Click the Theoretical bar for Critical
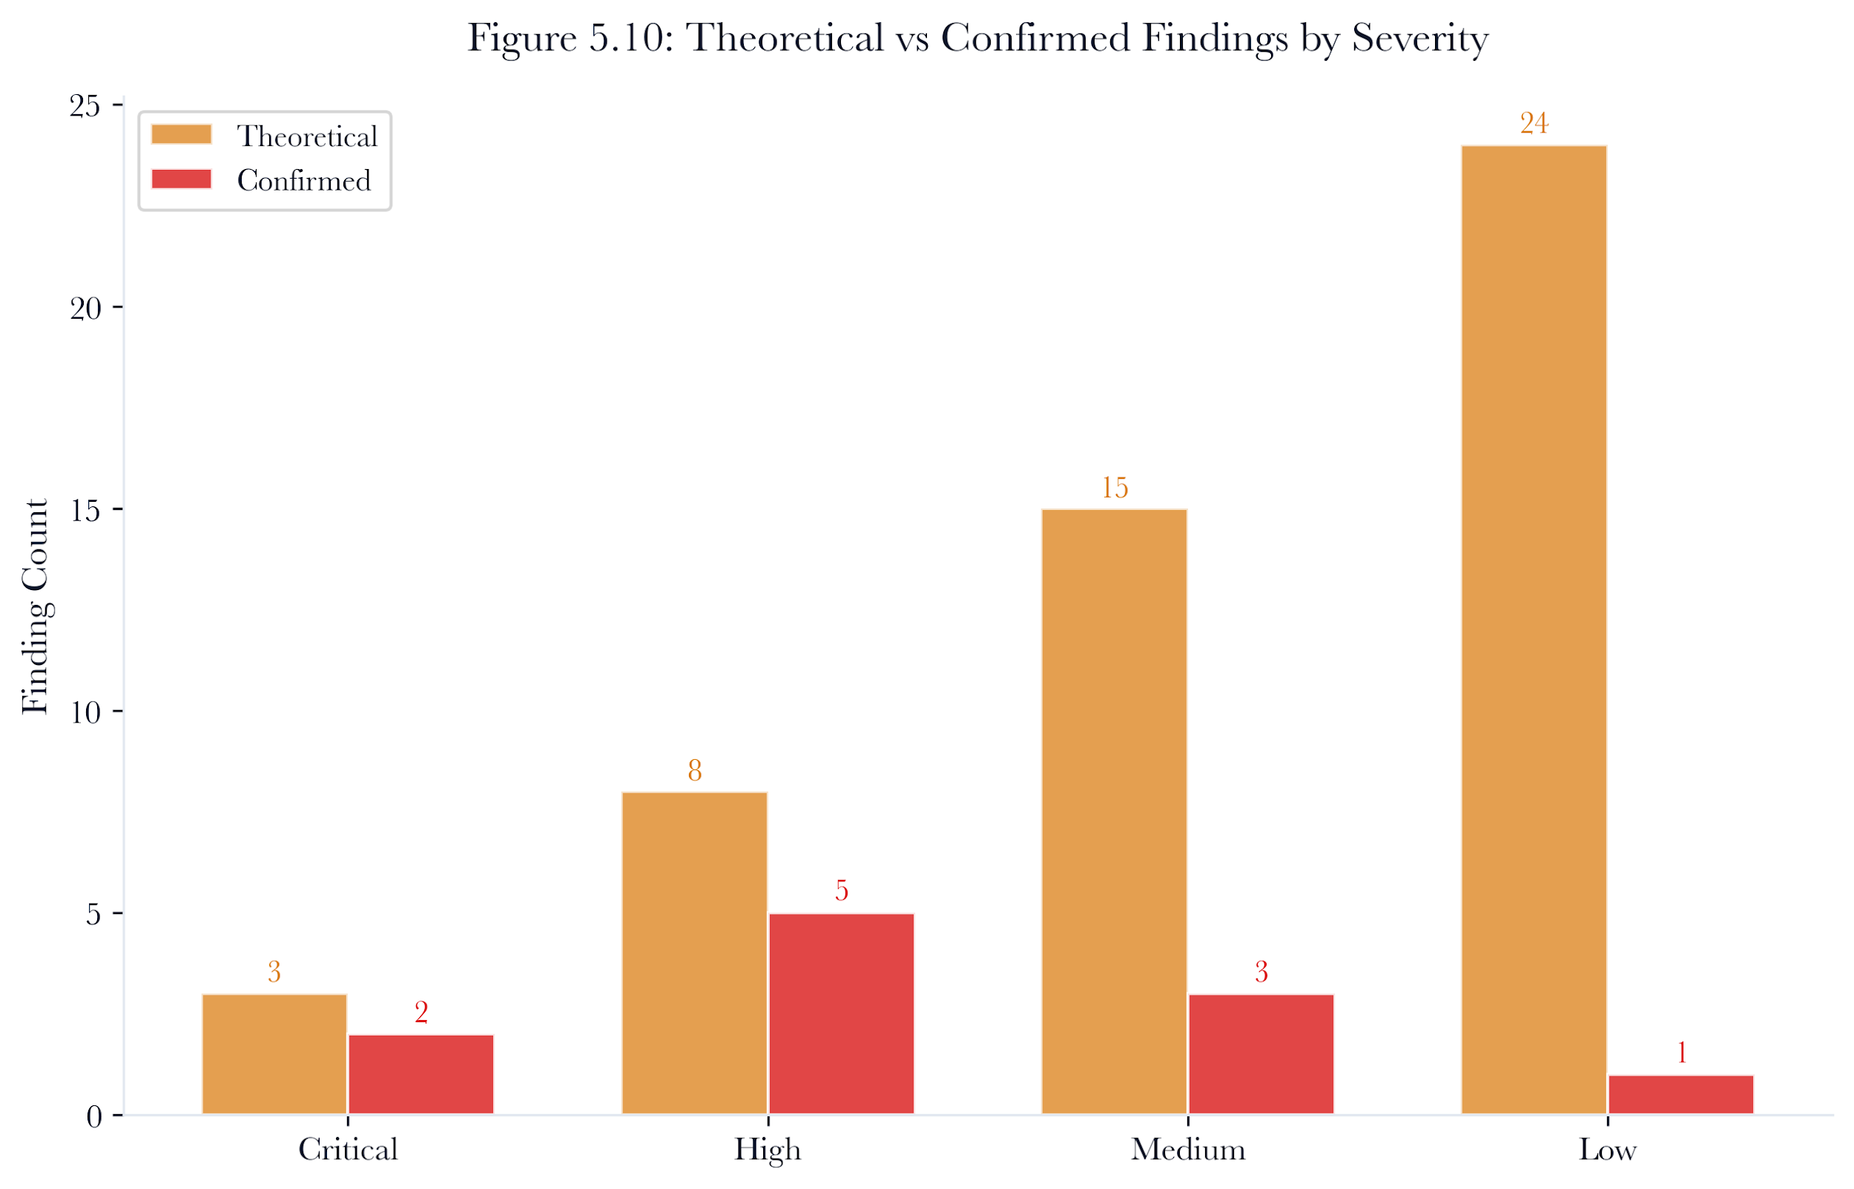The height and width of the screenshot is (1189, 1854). [x=274, y=1054]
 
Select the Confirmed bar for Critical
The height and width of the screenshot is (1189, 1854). [x=420, y=1074]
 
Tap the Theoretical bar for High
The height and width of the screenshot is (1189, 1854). [x=694, y=953]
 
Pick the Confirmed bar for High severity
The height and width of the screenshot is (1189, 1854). [x=841, y=1014]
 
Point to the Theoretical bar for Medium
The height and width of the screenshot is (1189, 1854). [x=1114, y=812]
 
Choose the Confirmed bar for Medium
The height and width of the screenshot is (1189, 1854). [x=1261, y=1054]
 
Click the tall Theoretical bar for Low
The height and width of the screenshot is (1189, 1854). [x=1534, y=630]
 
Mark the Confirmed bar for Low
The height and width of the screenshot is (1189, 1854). [x=1681, y=1094]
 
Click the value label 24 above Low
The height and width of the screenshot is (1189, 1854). [x=1534, y=124]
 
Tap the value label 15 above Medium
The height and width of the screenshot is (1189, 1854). [x=1114, y=488]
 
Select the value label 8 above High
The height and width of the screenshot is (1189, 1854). [x=694, y=770]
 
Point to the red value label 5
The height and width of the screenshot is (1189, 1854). [x=841, y=891]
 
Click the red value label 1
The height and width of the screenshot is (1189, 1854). [x=1681, y=1053]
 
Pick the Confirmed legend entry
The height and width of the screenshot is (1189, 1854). [x=261, y=180]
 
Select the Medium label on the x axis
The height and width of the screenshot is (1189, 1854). [x=1187, y=1150]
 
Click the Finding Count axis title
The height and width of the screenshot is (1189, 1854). [x=36, y=607]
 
